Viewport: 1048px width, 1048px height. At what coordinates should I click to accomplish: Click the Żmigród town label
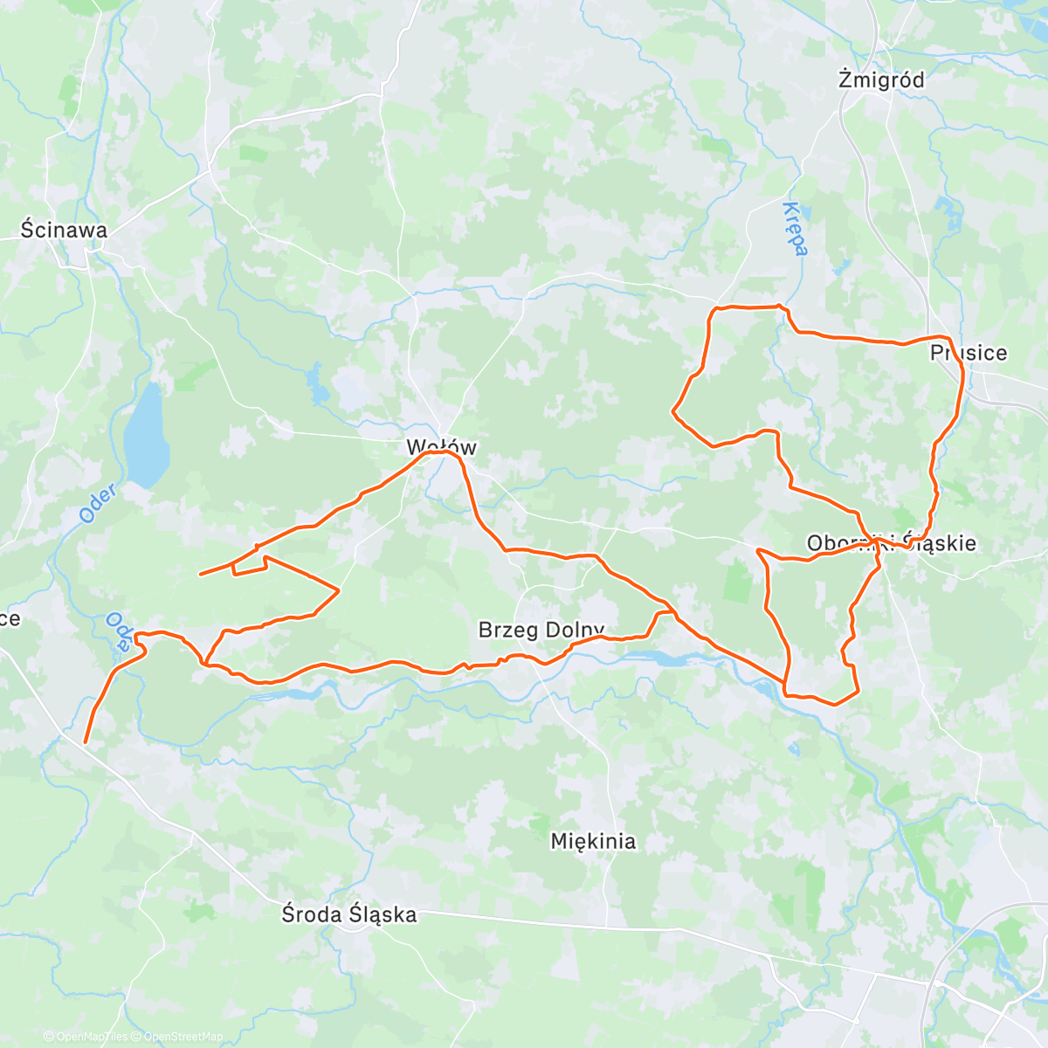click(x=880, y=79)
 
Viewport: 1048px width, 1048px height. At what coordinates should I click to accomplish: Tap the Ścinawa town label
click(x=64, y=230)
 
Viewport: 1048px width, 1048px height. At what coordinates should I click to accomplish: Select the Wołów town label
click(x=441, y=447)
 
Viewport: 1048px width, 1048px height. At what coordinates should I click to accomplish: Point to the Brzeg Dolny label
click(x=541, y=630)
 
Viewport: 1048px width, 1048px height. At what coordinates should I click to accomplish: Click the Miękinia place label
click(x=593, y=841)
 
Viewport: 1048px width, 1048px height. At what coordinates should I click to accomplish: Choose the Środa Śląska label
click(x=349, y=914)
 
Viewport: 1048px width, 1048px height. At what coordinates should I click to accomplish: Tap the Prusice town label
click(x=969, y=353)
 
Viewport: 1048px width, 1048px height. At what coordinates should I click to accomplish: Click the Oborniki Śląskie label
click(x=892, y=543)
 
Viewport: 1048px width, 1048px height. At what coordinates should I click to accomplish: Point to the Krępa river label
click(x=795, y=229)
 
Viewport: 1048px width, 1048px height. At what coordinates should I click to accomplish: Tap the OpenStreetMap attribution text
click(x=183, y=1037)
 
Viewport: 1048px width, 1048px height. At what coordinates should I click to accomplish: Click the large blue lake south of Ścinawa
click(x=147, y=437)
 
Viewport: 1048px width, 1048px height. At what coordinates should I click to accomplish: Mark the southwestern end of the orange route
click(x=85, y=741)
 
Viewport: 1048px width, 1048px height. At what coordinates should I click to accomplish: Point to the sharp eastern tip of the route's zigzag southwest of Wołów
click(x=338, y=590)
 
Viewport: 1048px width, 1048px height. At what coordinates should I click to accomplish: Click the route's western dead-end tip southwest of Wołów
click(x=200, y=574)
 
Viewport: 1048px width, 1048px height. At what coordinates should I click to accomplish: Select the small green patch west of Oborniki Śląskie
click(x=738, y=581)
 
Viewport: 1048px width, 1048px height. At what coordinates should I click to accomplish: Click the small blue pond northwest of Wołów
click(x=313, y=380)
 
